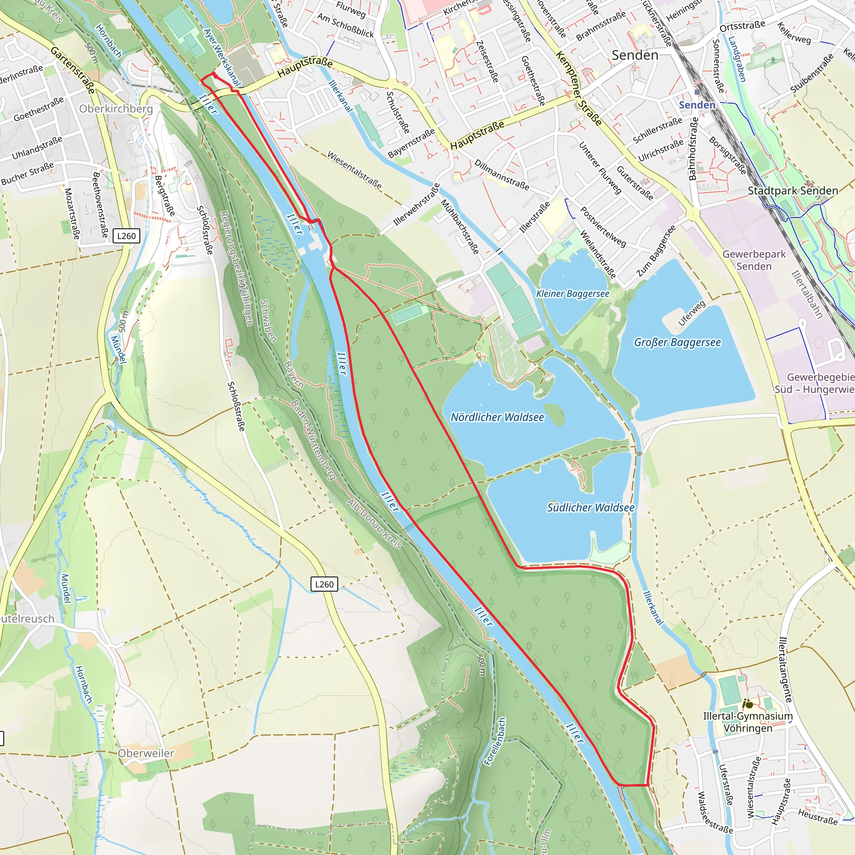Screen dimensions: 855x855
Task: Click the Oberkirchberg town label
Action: tap(116, 109)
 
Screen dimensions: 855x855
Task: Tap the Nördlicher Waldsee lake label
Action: tap(497, 417)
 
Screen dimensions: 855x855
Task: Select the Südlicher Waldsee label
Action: tap(590, 508)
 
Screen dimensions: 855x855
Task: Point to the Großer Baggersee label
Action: tap(677, 342)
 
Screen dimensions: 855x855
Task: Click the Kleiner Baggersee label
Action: tap(572, 293)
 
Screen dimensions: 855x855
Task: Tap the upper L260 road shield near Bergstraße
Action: tap(126, 236)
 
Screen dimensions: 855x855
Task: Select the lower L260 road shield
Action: tap(324, 584)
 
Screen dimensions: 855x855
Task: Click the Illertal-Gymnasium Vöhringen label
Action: tap(747, 722)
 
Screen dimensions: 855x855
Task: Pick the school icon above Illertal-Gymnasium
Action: tap(748, 703)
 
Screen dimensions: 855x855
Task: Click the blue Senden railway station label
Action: tap(697, 105)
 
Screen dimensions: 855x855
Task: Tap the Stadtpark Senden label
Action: tap(793, 191)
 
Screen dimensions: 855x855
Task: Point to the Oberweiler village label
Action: tap(146, 753)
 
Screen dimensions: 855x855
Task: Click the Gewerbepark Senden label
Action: tap(754, 260)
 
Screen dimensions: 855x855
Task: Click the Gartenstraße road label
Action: tap(73, 70)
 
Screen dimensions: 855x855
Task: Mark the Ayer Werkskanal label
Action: tap(222, 58)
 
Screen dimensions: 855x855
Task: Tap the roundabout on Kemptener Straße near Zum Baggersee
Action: tap(693, 214)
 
